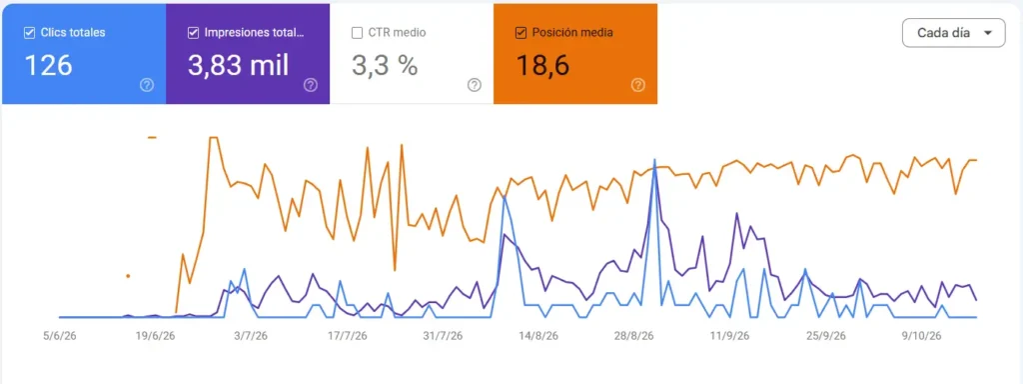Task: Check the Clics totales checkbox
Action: point(29,33)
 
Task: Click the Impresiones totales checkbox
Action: point(193,33)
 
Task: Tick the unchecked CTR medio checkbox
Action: point(357,33)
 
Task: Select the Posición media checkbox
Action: point(520,33)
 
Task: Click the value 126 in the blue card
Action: point(48,65)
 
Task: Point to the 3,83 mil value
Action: point(238,65)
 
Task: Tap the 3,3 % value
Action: point(385,65)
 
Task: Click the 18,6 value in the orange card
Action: point(542,65)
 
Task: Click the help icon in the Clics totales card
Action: point(147,85)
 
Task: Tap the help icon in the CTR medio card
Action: point(475,85)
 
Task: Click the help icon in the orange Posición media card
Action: point(638,85)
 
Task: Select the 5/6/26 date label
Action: point(59,336)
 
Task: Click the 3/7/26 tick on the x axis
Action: point(251,336)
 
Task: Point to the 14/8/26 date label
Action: point(538,336)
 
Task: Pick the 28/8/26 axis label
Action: point(634,336)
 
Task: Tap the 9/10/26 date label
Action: point(921,336)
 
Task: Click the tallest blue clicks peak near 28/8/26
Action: point(654,160)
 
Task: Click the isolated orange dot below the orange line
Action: point(128,276)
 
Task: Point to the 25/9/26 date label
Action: point(826,336)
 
